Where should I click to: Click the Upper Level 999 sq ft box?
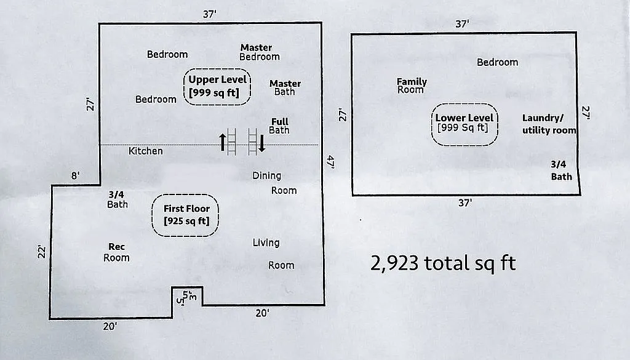pos(218,87)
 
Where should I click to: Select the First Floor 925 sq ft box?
pos(186,215)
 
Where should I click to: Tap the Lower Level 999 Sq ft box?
pos(465,123)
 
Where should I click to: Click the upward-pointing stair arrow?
pos(223,142)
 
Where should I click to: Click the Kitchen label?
pos(146,151)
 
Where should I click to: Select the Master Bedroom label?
pos(259,52)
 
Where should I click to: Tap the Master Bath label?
pos(285,88)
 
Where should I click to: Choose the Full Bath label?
pos(279,126)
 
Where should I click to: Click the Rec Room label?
pos(116,252)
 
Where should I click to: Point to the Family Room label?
pos(411,86)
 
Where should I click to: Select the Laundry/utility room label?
pos(549,124)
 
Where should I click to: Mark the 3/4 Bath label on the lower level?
pos(560,170)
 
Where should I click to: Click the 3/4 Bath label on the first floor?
pos(117,199)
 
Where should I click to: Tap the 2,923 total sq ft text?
pos(443,263)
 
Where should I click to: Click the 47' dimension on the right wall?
pos(330,162)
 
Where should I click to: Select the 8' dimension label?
pos(75,176)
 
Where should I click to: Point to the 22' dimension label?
pos(41,252)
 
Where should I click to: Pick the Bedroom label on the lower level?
pos(497,62)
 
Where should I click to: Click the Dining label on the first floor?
pos(266,176)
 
